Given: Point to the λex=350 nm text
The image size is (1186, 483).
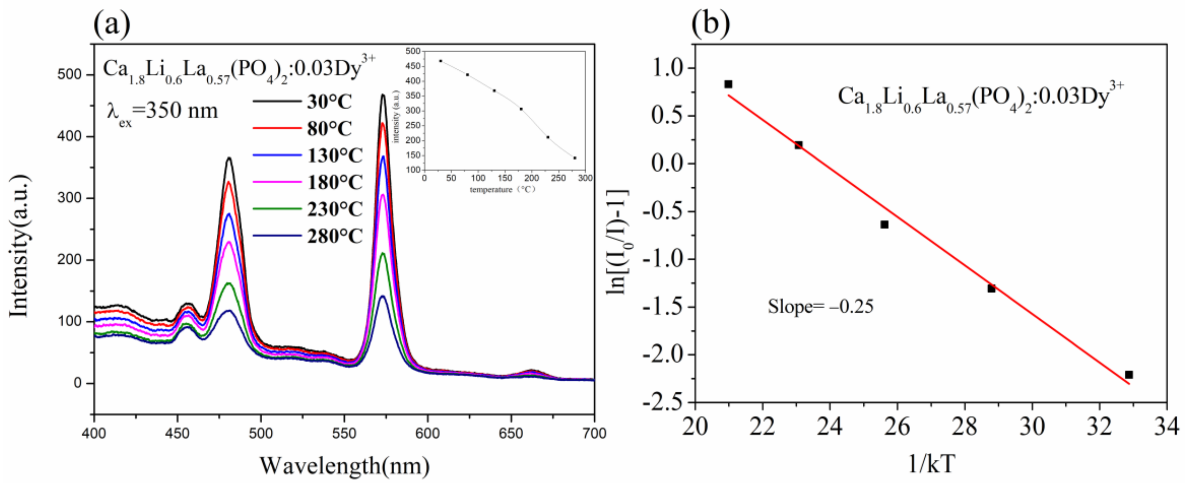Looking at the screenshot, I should tap(162, 112).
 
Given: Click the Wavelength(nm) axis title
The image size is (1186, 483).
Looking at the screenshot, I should tap(344, 466).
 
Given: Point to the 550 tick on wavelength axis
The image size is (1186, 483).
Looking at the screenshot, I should tap(344, 433).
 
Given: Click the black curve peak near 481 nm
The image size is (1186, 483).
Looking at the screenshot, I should tap(229, 158).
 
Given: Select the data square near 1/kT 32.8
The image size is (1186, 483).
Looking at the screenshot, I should tap(1129, 375).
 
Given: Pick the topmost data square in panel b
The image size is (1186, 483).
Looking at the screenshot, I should tap(728, 84).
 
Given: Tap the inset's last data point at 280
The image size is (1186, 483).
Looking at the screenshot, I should tap(575, 158).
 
